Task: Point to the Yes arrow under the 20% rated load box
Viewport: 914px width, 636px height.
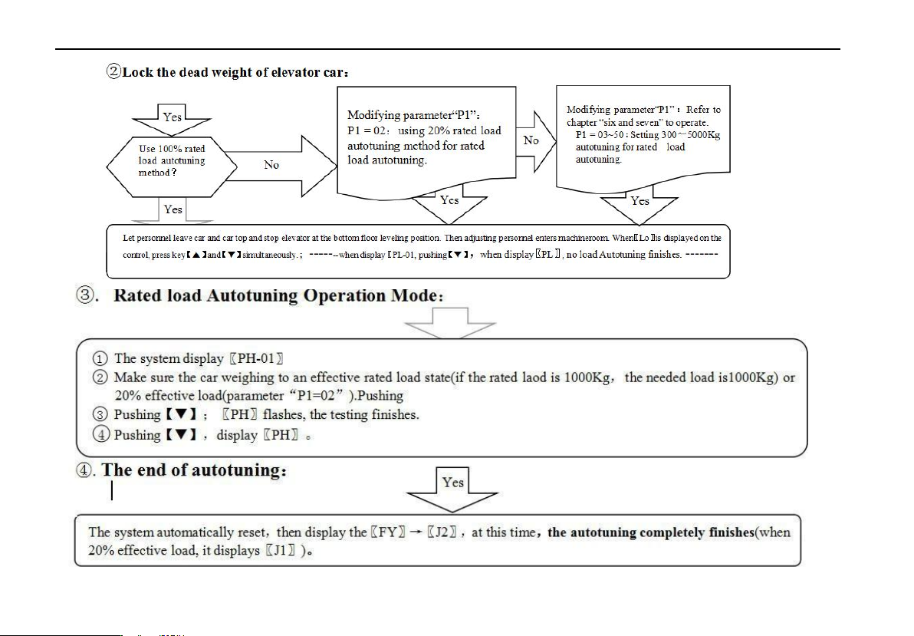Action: pos(449,203)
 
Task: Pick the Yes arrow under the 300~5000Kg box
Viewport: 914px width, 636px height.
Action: pos(639,204)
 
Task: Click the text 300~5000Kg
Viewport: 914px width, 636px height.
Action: pos(687,135)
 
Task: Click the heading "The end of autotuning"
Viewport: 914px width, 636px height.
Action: pos(195,470)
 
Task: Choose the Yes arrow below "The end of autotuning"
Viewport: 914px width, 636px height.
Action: pos(452,488)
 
